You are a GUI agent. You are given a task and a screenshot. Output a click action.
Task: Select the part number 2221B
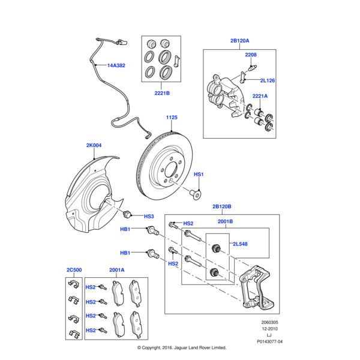point(161,93)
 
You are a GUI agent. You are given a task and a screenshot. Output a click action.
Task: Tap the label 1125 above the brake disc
point(172,118)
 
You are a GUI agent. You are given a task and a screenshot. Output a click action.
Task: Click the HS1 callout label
point(199,174)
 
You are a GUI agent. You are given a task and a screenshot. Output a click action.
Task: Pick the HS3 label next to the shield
point(149,216)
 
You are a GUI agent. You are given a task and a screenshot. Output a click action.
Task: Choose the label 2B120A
point(239,41)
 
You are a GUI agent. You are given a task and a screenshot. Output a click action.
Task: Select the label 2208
point(251,55)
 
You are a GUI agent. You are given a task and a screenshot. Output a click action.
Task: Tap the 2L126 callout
point(267,80)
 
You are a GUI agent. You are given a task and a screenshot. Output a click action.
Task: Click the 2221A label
point(260,96)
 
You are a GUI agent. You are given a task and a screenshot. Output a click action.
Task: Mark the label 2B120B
point(221,207)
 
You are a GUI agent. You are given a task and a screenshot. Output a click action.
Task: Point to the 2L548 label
point(240,245)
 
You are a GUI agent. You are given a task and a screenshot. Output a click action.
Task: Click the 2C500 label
point(74,270)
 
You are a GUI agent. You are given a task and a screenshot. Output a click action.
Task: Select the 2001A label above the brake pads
point(116,270)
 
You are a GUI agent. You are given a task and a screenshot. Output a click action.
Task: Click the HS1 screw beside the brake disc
point(196,193)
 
